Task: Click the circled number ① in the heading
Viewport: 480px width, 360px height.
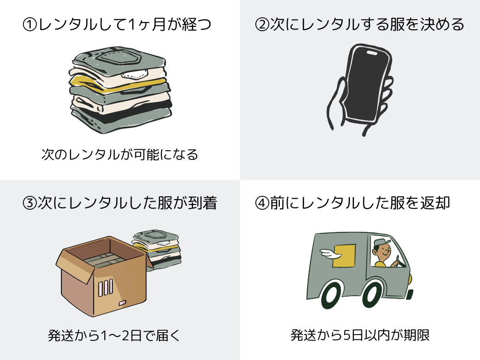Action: [x=30, y=24]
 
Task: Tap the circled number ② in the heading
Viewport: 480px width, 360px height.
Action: [x=262, y=24]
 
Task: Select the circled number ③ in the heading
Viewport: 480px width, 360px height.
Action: [x=30, y=203]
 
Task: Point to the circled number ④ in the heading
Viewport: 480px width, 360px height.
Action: [x=262, y=203]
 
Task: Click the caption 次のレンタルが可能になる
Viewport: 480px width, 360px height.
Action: [x=120, y=155]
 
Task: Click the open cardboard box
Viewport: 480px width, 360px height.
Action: [x=101, y=278]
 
